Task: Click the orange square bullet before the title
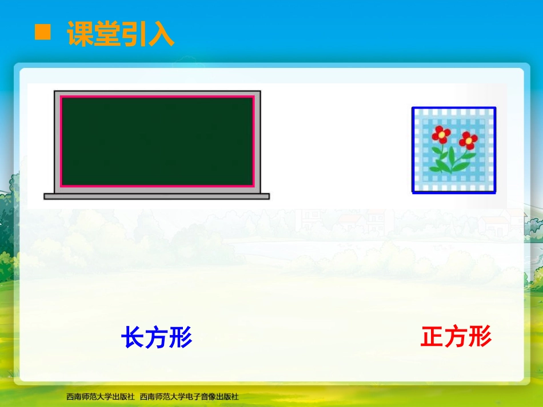[x=43, y=33]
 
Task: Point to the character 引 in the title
[x=134, y=34]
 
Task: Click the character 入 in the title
[x=161, y=34]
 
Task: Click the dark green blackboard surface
[x=157, y=141]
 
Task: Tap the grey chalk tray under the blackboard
[x=156, y=196]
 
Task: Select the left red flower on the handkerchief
[x=441, y=134]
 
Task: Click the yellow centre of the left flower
[x=441, y=134]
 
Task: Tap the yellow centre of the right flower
[x=468, y=139]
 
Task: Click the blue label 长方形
[x=157, y=338]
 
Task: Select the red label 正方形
[x=456, y=337]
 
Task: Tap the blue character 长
[x=133, y=338]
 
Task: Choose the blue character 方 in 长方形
[x=157, y=338]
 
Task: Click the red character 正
[x=432, y=337]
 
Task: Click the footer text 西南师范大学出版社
[x=100, y=396]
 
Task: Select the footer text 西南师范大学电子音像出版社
[x=189, y=396]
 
